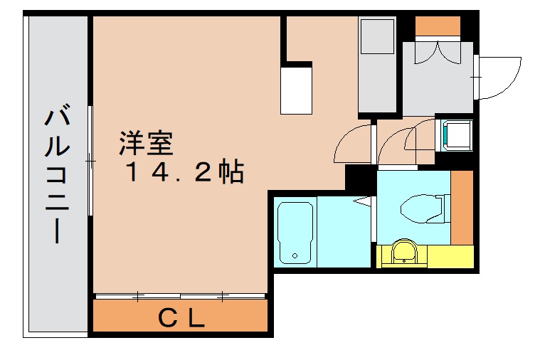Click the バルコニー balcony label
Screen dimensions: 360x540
coord(56,174)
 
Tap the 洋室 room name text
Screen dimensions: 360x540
coord(145,144)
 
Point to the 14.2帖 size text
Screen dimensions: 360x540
coord(186,172)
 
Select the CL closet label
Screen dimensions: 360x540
coord(181,318)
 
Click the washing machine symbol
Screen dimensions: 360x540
coord(457,135)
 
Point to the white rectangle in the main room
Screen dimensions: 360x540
coord(297,88)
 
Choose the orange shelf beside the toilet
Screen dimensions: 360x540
coord(462,207)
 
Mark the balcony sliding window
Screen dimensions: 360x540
coord(90,161)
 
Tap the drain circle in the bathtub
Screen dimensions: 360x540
coord(295,257)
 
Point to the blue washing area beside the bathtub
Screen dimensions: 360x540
coord(343,232)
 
